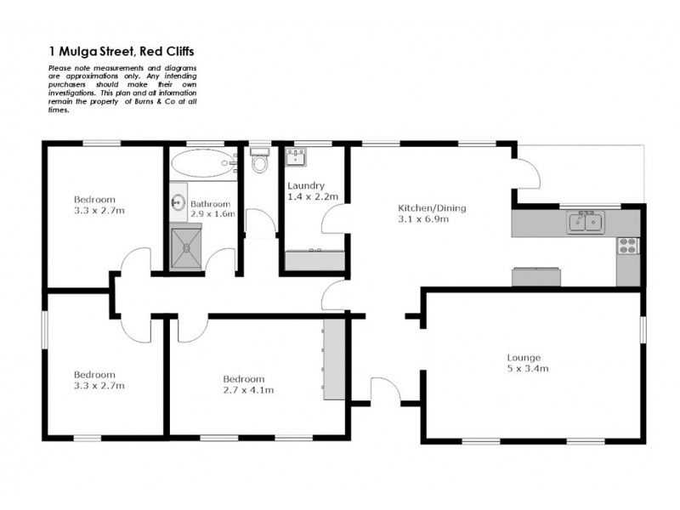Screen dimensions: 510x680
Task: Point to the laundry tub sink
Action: (x=297, y=156)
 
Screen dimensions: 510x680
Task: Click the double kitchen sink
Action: (x=586, y=224)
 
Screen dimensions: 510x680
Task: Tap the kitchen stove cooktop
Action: (x=627, y=246)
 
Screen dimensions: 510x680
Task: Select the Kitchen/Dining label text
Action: (x=433, y=208)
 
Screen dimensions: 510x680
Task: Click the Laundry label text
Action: (x=304, y=186)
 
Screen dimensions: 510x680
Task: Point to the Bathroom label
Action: (x=210, y=204)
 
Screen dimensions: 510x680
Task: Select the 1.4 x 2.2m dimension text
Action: (x=313, y=196)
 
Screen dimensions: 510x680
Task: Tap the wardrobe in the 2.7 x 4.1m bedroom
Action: (x=334, y=359)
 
